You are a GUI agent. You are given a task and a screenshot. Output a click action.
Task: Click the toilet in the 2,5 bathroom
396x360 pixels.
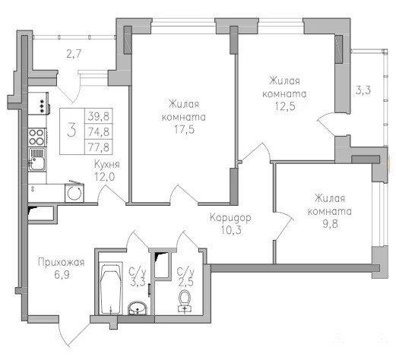point(185,301)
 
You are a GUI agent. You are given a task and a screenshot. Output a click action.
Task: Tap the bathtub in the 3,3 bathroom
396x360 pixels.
point(110,289)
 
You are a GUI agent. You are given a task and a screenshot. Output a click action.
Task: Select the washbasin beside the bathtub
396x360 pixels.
point(138,308)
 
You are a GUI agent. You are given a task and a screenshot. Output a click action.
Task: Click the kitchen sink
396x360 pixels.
point(37,159)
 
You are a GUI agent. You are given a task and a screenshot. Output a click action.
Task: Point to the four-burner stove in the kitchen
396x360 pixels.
point(37,137)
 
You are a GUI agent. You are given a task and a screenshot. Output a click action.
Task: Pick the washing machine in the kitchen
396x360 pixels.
point(74,192)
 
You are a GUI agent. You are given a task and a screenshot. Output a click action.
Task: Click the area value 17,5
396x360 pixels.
point(184,130)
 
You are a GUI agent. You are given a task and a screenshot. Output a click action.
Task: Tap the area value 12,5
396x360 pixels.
point(285,106)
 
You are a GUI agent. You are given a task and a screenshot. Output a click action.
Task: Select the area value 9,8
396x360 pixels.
point(331,224)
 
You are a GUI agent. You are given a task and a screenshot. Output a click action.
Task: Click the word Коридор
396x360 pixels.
point(230,218)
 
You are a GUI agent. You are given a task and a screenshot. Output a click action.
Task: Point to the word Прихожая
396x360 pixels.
point(61,262)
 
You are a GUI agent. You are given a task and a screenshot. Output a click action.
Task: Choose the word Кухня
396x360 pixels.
point(106,164)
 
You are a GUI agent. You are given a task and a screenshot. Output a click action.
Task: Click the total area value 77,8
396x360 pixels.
point(99,147)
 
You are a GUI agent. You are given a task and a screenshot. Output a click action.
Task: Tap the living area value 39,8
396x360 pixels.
point(99,116)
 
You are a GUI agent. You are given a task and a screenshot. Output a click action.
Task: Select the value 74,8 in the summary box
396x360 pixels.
point(99,131)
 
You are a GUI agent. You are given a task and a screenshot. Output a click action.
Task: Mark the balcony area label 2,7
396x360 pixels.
point(74,54)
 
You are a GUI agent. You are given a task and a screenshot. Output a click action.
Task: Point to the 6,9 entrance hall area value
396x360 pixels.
point(62,275)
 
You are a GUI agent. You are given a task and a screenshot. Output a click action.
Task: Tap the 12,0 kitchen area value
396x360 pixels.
point(105,176)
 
